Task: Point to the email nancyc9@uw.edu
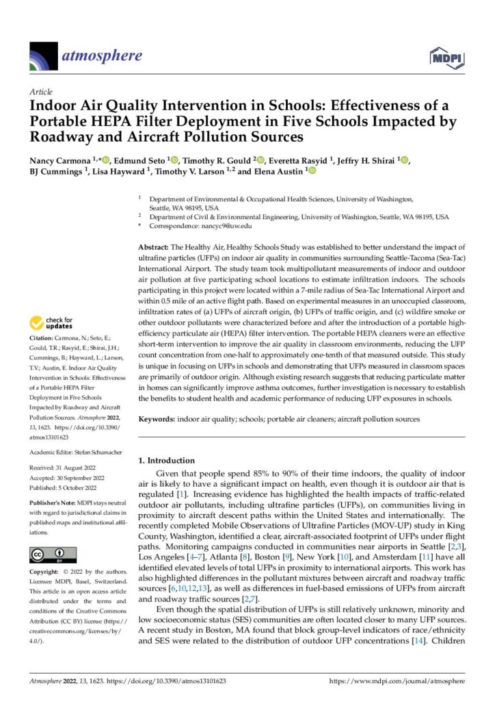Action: (228, 225)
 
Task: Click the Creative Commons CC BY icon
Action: (52, 555)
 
